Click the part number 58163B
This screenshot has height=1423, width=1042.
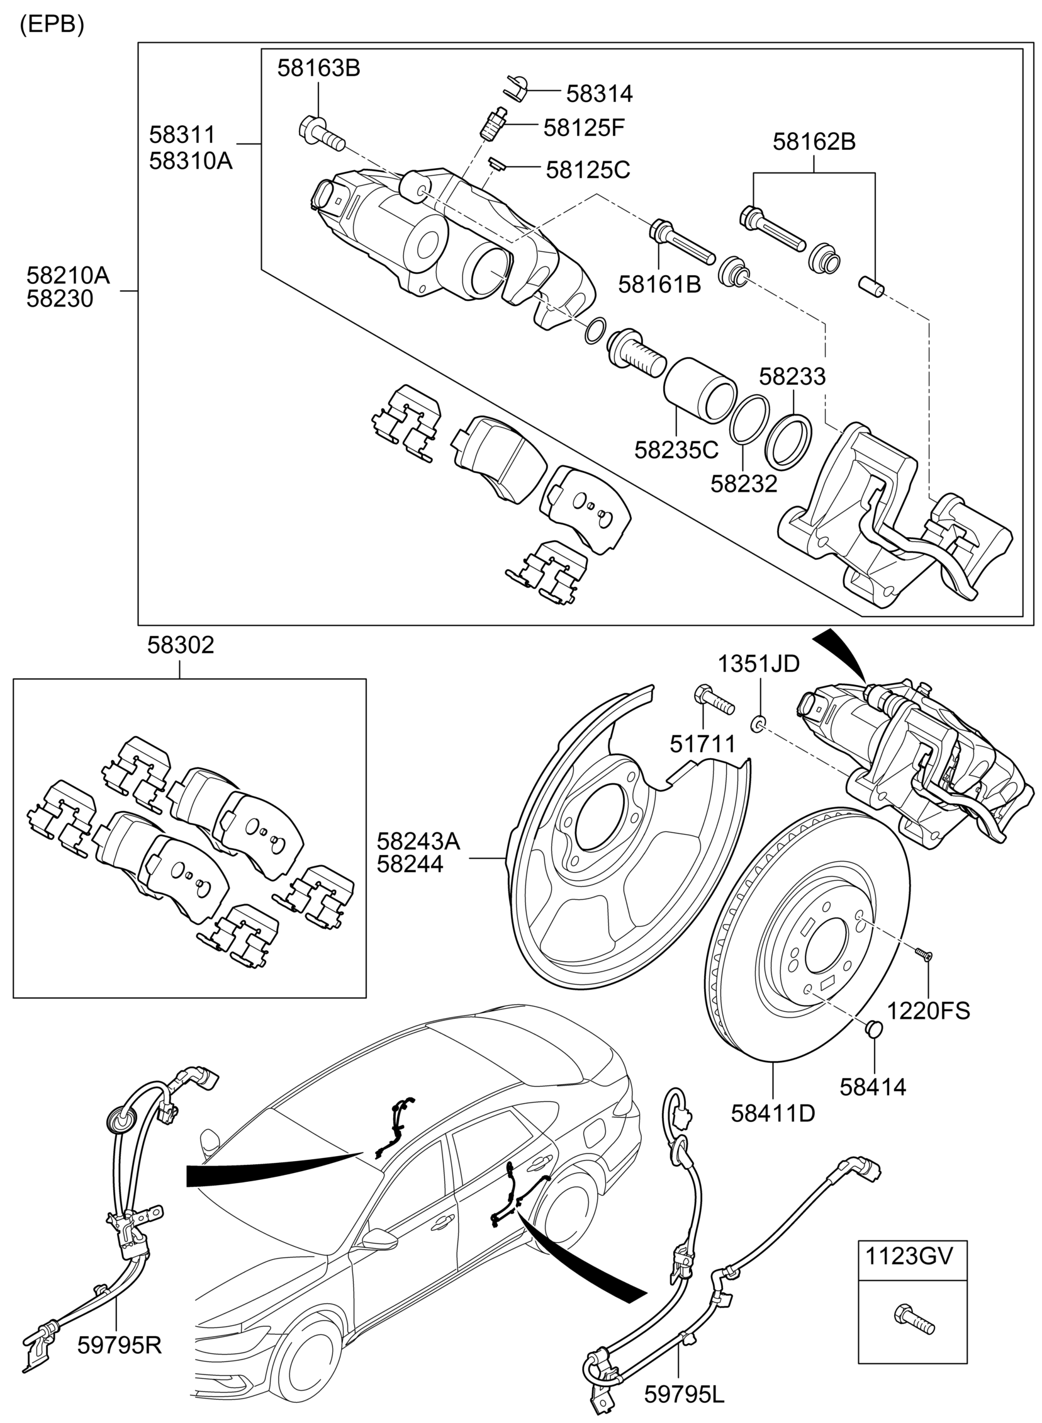point(318,68)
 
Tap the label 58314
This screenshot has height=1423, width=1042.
point(598,93)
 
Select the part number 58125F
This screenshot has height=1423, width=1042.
point(583,128)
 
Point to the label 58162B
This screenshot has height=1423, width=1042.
point(814,142)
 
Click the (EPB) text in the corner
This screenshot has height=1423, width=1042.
point(52,24)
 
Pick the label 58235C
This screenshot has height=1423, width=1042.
point(676,450)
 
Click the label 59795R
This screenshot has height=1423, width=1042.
point(119,1346)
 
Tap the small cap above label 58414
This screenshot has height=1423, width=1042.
point(873,1029)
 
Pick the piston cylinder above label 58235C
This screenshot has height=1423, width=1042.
point(700,390)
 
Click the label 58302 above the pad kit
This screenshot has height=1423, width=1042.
point(181,645)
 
